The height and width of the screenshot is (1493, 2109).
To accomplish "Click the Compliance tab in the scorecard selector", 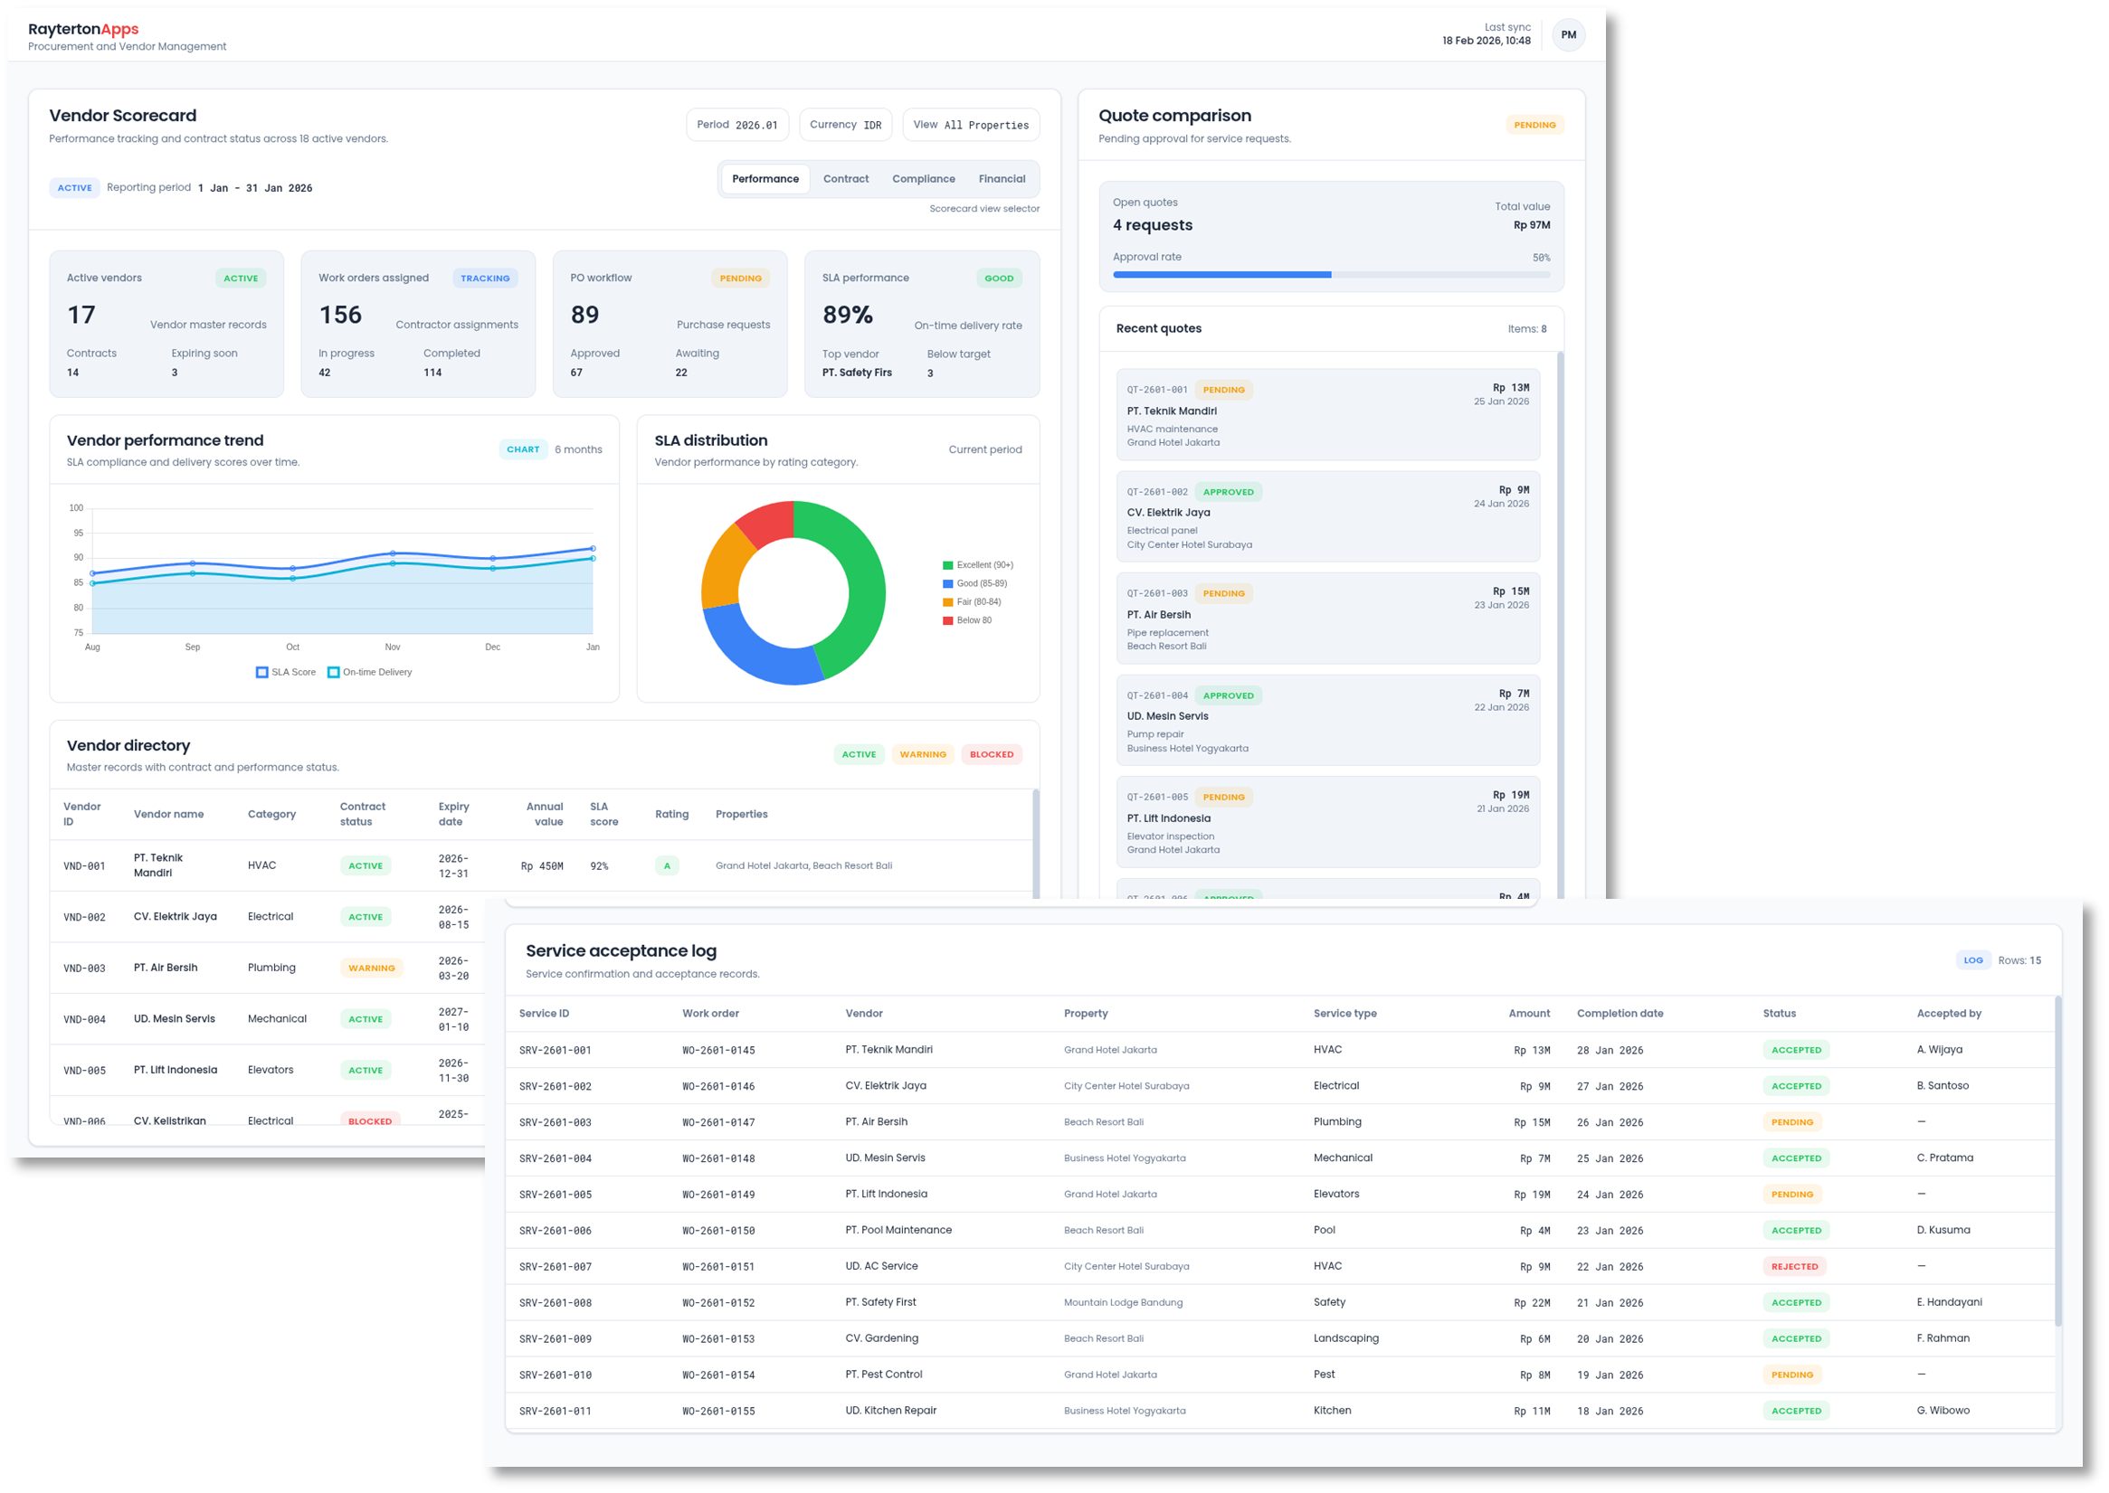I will tap(923, 179).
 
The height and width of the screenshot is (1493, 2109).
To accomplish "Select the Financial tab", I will tap(1001, 179).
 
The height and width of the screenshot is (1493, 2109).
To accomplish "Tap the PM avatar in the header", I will tap(1568, 35).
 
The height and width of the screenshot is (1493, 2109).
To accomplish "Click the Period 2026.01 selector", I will tap(736, 125).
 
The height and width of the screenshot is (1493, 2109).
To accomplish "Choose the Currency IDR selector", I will tap(845, 125).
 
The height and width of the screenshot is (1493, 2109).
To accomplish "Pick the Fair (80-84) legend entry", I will tap(978, 602).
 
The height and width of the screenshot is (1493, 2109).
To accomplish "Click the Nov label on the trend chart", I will tap(393, 647).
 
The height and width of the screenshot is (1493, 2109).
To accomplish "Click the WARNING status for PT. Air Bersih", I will tap(372, 969).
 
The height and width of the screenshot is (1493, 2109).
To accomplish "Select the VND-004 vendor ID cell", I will tap(85, 1019).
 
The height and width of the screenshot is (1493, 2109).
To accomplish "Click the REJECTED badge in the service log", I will tap(1793, 1267).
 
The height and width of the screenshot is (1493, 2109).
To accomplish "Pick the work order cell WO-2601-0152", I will tap(718, 1304).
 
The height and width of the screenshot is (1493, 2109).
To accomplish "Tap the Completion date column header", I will tap(1619, 1014).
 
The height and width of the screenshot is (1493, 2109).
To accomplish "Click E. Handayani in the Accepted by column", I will tap(1949, 1303).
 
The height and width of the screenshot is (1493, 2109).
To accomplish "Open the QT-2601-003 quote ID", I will tap(1157, 594).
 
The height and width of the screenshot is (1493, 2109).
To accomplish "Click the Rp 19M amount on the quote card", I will tap(1510, 795).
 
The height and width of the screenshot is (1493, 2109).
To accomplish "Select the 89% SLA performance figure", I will tap(847, 316).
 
